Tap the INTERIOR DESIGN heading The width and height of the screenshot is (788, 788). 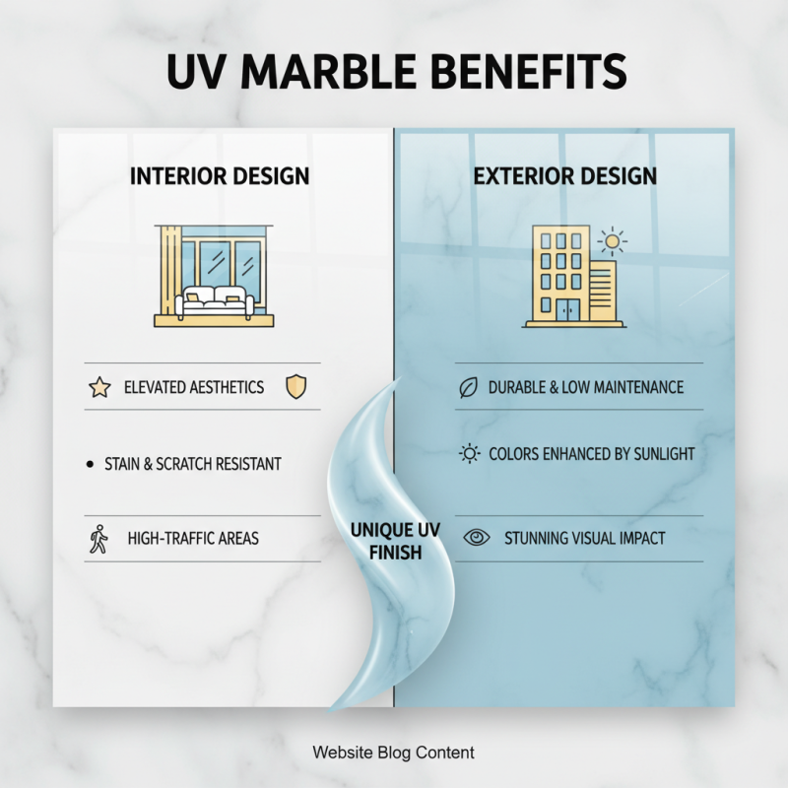click(220, 177)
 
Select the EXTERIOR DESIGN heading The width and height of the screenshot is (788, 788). click(564, 177)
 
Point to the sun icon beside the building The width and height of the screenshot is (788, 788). click(613, 242)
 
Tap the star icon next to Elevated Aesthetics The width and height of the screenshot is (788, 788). click(99, 387)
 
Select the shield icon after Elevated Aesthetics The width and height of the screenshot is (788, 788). click(295, 387)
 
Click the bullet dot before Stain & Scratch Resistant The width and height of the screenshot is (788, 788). click(91, 463)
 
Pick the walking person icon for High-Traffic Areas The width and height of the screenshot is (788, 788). click(98, 539)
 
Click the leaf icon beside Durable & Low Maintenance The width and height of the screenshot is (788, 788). click(469, 387)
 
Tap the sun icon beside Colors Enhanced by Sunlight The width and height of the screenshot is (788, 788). click(470, 454)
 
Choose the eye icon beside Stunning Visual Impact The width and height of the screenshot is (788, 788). click(478, 538)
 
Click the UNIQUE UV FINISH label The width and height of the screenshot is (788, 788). click(395, 542)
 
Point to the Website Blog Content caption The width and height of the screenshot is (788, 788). click(393, 753)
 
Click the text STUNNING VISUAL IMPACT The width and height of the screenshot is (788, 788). click(584, 539)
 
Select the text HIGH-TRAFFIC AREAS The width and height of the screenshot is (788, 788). click(193, 539)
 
